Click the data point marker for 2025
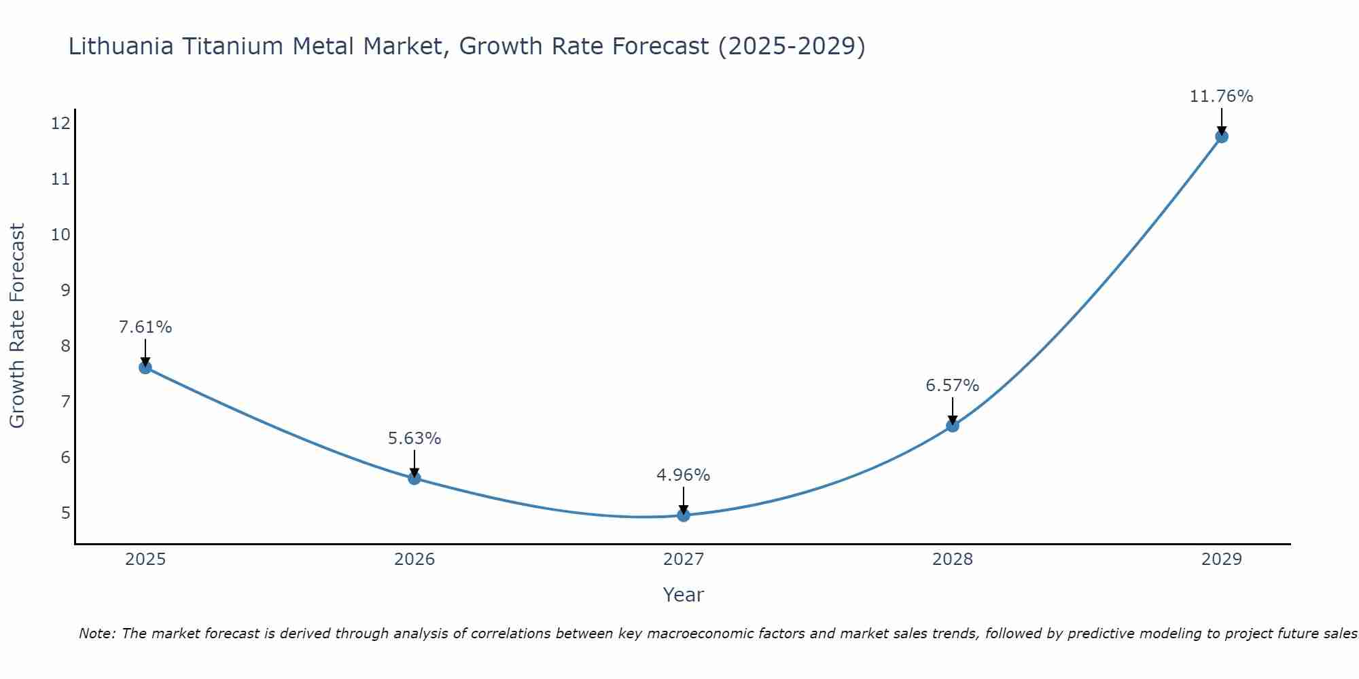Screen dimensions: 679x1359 click(x=145, y=367)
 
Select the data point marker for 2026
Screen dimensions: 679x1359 click(x=414, y=478)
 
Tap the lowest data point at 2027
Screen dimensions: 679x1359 click(x=684, y=515)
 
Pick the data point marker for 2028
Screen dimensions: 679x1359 click(x=953, y=426)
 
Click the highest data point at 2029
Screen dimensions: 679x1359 click(x=1222, y=136)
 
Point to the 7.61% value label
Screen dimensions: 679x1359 click(x=145, y=327)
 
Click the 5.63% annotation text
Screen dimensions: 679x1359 click(x=414, y=439)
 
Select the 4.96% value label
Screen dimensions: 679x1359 click(x=684, y=475)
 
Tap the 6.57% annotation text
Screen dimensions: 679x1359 click(x=953, y=386)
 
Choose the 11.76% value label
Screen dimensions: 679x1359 click(x=1222, y=96)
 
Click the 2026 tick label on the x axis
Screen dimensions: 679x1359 click(x=414, y=559)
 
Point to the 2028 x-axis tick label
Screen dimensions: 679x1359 click(x=953, y=559)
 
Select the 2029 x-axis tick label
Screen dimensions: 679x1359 click(x=1222, y=559)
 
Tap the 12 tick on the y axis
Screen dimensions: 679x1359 click(x=60, y=123)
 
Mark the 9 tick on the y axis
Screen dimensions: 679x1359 click(x=65, y=290)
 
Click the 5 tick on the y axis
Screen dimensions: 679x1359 click(x=65, y=513)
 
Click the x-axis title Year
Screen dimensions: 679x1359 click(x=684, y=595)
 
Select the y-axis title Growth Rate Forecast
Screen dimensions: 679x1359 click(x=17, y=325)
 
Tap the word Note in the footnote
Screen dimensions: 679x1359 click(x=96, y=634)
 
